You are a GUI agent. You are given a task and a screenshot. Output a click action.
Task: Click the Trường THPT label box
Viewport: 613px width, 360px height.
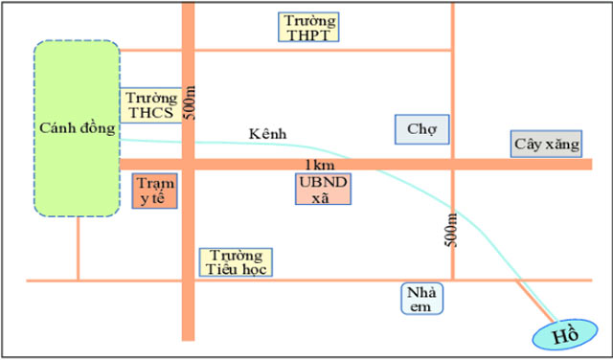pyautogui.click(x=307, y=27)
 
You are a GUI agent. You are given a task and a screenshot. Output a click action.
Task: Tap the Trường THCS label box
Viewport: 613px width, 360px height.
pyautogui.click(x=149, y=104)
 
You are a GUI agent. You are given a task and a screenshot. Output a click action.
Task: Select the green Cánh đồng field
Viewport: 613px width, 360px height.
pyautogui.click(x=77, y=128)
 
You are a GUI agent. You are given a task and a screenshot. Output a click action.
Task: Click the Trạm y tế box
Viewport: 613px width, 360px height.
pyautogui.click(x=151, y=191)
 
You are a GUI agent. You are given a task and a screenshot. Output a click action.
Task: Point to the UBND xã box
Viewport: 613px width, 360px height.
pyautogui.click(x=323, y=189)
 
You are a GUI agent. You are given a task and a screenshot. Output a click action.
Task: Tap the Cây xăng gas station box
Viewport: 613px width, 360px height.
pyautogui.click(x=546, y=145)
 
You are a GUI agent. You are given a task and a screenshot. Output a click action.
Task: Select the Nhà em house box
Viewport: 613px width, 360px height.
pyautogui.click(x=422, y=299)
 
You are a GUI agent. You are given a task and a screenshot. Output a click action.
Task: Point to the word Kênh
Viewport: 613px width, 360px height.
pyautogui.click(x=267, y=135)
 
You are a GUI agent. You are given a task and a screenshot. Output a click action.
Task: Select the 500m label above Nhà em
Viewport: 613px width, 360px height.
pyautogui.click(x=452, y=231)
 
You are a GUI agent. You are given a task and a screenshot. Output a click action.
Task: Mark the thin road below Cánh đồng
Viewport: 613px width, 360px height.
pyautogui.click(x=78, y=247)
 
